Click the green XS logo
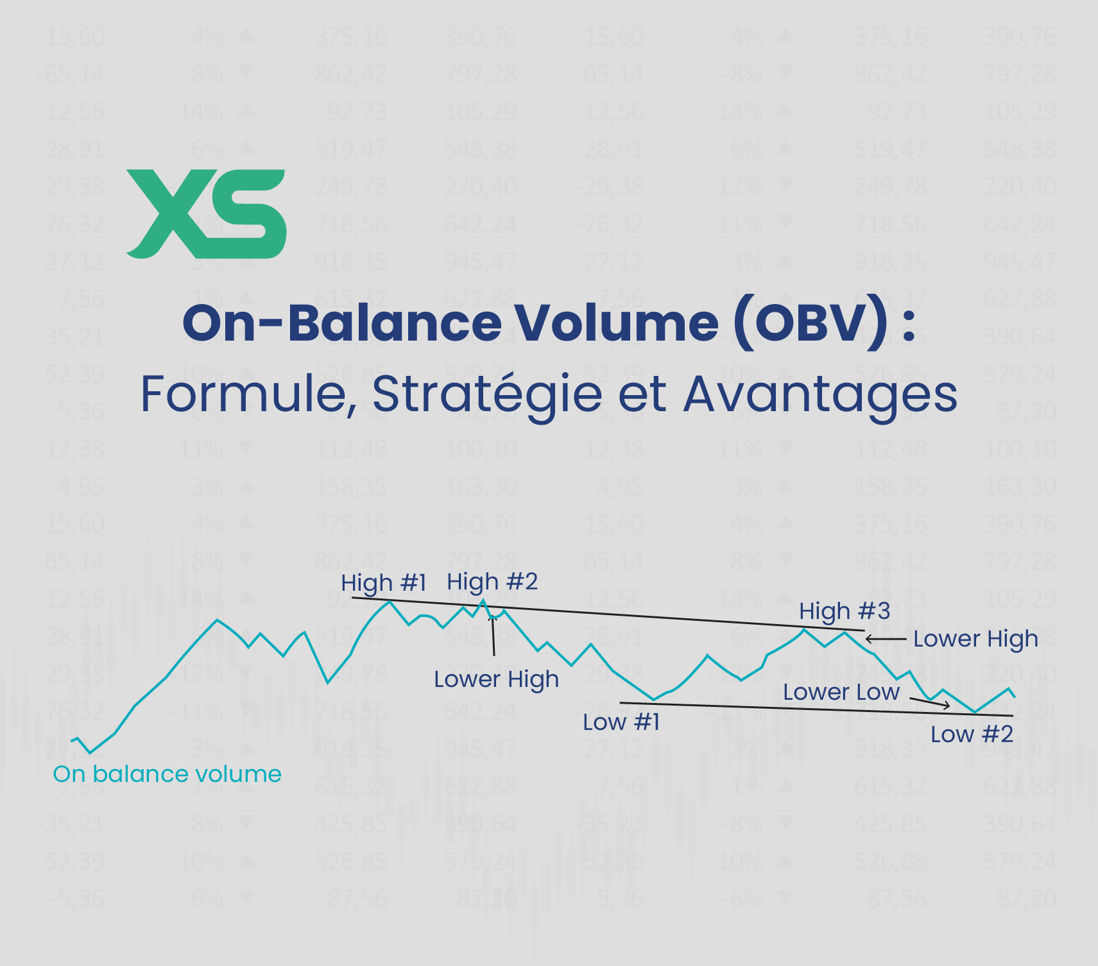point(207,214)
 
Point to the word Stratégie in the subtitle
point(486,394)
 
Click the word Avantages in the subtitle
point(820,394)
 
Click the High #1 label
point(383,583)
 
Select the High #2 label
point(492,582)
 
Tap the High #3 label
point(845,611)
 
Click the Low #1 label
point(621,722)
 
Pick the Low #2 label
point(972,734)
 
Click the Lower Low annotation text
point(841,692)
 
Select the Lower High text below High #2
point(496,679)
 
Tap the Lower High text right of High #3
point(975,639)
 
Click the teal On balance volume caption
point(167,774)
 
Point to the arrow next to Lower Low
point(931,703)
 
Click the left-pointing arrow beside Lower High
point(885,639)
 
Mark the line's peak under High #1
point(389,602)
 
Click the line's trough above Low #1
point(653,699)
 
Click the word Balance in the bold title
point(394,323)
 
